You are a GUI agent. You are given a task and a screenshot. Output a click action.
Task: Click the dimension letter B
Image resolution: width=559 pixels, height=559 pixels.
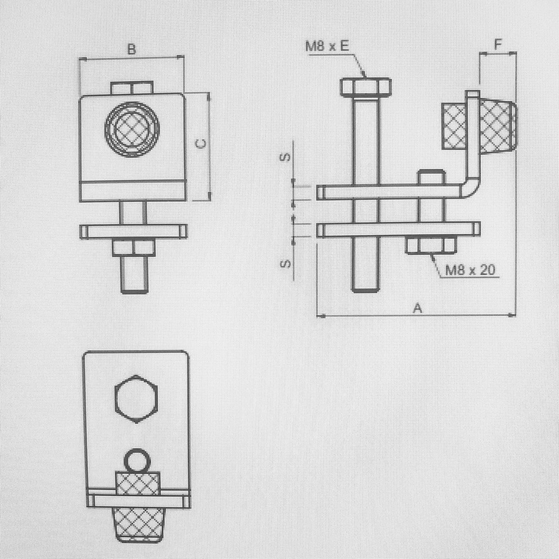click(131, 50)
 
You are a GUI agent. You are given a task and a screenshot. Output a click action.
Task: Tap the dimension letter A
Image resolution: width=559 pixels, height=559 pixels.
click(416, 307)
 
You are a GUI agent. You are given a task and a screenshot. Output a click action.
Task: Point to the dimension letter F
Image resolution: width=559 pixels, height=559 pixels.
click(498, 44)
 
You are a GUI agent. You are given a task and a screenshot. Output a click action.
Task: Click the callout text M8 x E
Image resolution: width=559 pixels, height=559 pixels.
click(326, 46)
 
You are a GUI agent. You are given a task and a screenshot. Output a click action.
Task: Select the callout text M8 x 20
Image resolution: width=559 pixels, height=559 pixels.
click(470, 271)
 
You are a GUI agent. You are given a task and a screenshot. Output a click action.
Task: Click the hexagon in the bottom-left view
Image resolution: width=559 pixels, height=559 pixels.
click(137, 399)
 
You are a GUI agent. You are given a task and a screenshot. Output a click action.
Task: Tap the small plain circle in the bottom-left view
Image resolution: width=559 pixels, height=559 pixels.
click(137, 461)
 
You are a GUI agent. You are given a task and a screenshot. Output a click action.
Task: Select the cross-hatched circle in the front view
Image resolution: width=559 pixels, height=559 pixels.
click(132, 129)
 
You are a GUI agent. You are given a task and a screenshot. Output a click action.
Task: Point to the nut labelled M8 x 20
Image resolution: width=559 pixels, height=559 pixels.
click(431, 245)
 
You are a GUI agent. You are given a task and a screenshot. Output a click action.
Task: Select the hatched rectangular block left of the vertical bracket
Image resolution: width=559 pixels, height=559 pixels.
click(454, 126)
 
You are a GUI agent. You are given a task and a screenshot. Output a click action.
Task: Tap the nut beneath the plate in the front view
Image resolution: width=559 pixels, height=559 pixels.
click(134, 248)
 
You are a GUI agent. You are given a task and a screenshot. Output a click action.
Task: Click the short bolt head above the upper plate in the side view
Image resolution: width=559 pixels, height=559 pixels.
click(432, 178)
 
